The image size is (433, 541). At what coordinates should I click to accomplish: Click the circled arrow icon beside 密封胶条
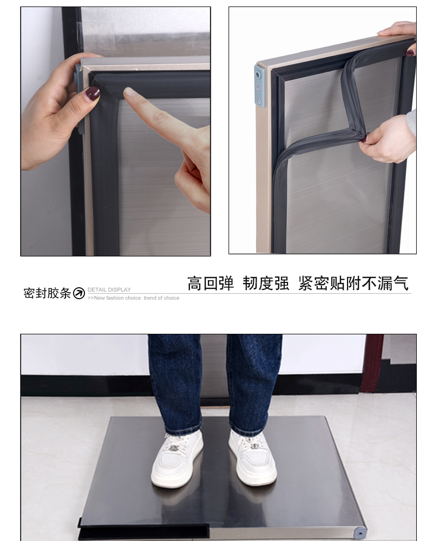(79, 293)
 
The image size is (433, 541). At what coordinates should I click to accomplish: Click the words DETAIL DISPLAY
(109, 290)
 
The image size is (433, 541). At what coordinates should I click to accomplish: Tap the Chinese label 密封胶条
(47, 293)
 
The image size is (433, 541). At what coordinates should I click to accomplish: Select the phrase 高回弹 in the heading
(211, 283)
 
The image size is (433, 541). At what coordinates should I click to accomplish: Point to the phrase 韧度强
(266, 283)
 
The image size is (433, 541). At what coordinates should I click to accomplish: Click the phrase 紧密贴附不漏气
(353, 283)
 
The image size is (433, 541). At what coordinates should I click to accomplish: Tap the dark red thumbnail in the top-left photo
(93, 94)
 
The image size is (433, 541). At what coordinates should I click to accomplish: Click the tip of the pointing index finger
(128, 92)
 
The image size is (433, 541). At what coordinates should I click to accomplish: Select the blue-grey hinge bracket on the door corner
(260, 86)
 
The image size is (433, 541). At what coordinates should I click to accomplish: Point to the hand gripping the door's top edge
(401, 34)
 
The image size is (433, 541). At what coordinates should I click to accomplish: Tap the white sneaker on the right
(252, 457)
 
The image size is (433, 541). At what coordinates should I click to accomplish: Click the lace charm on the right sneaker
(255, 446)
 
